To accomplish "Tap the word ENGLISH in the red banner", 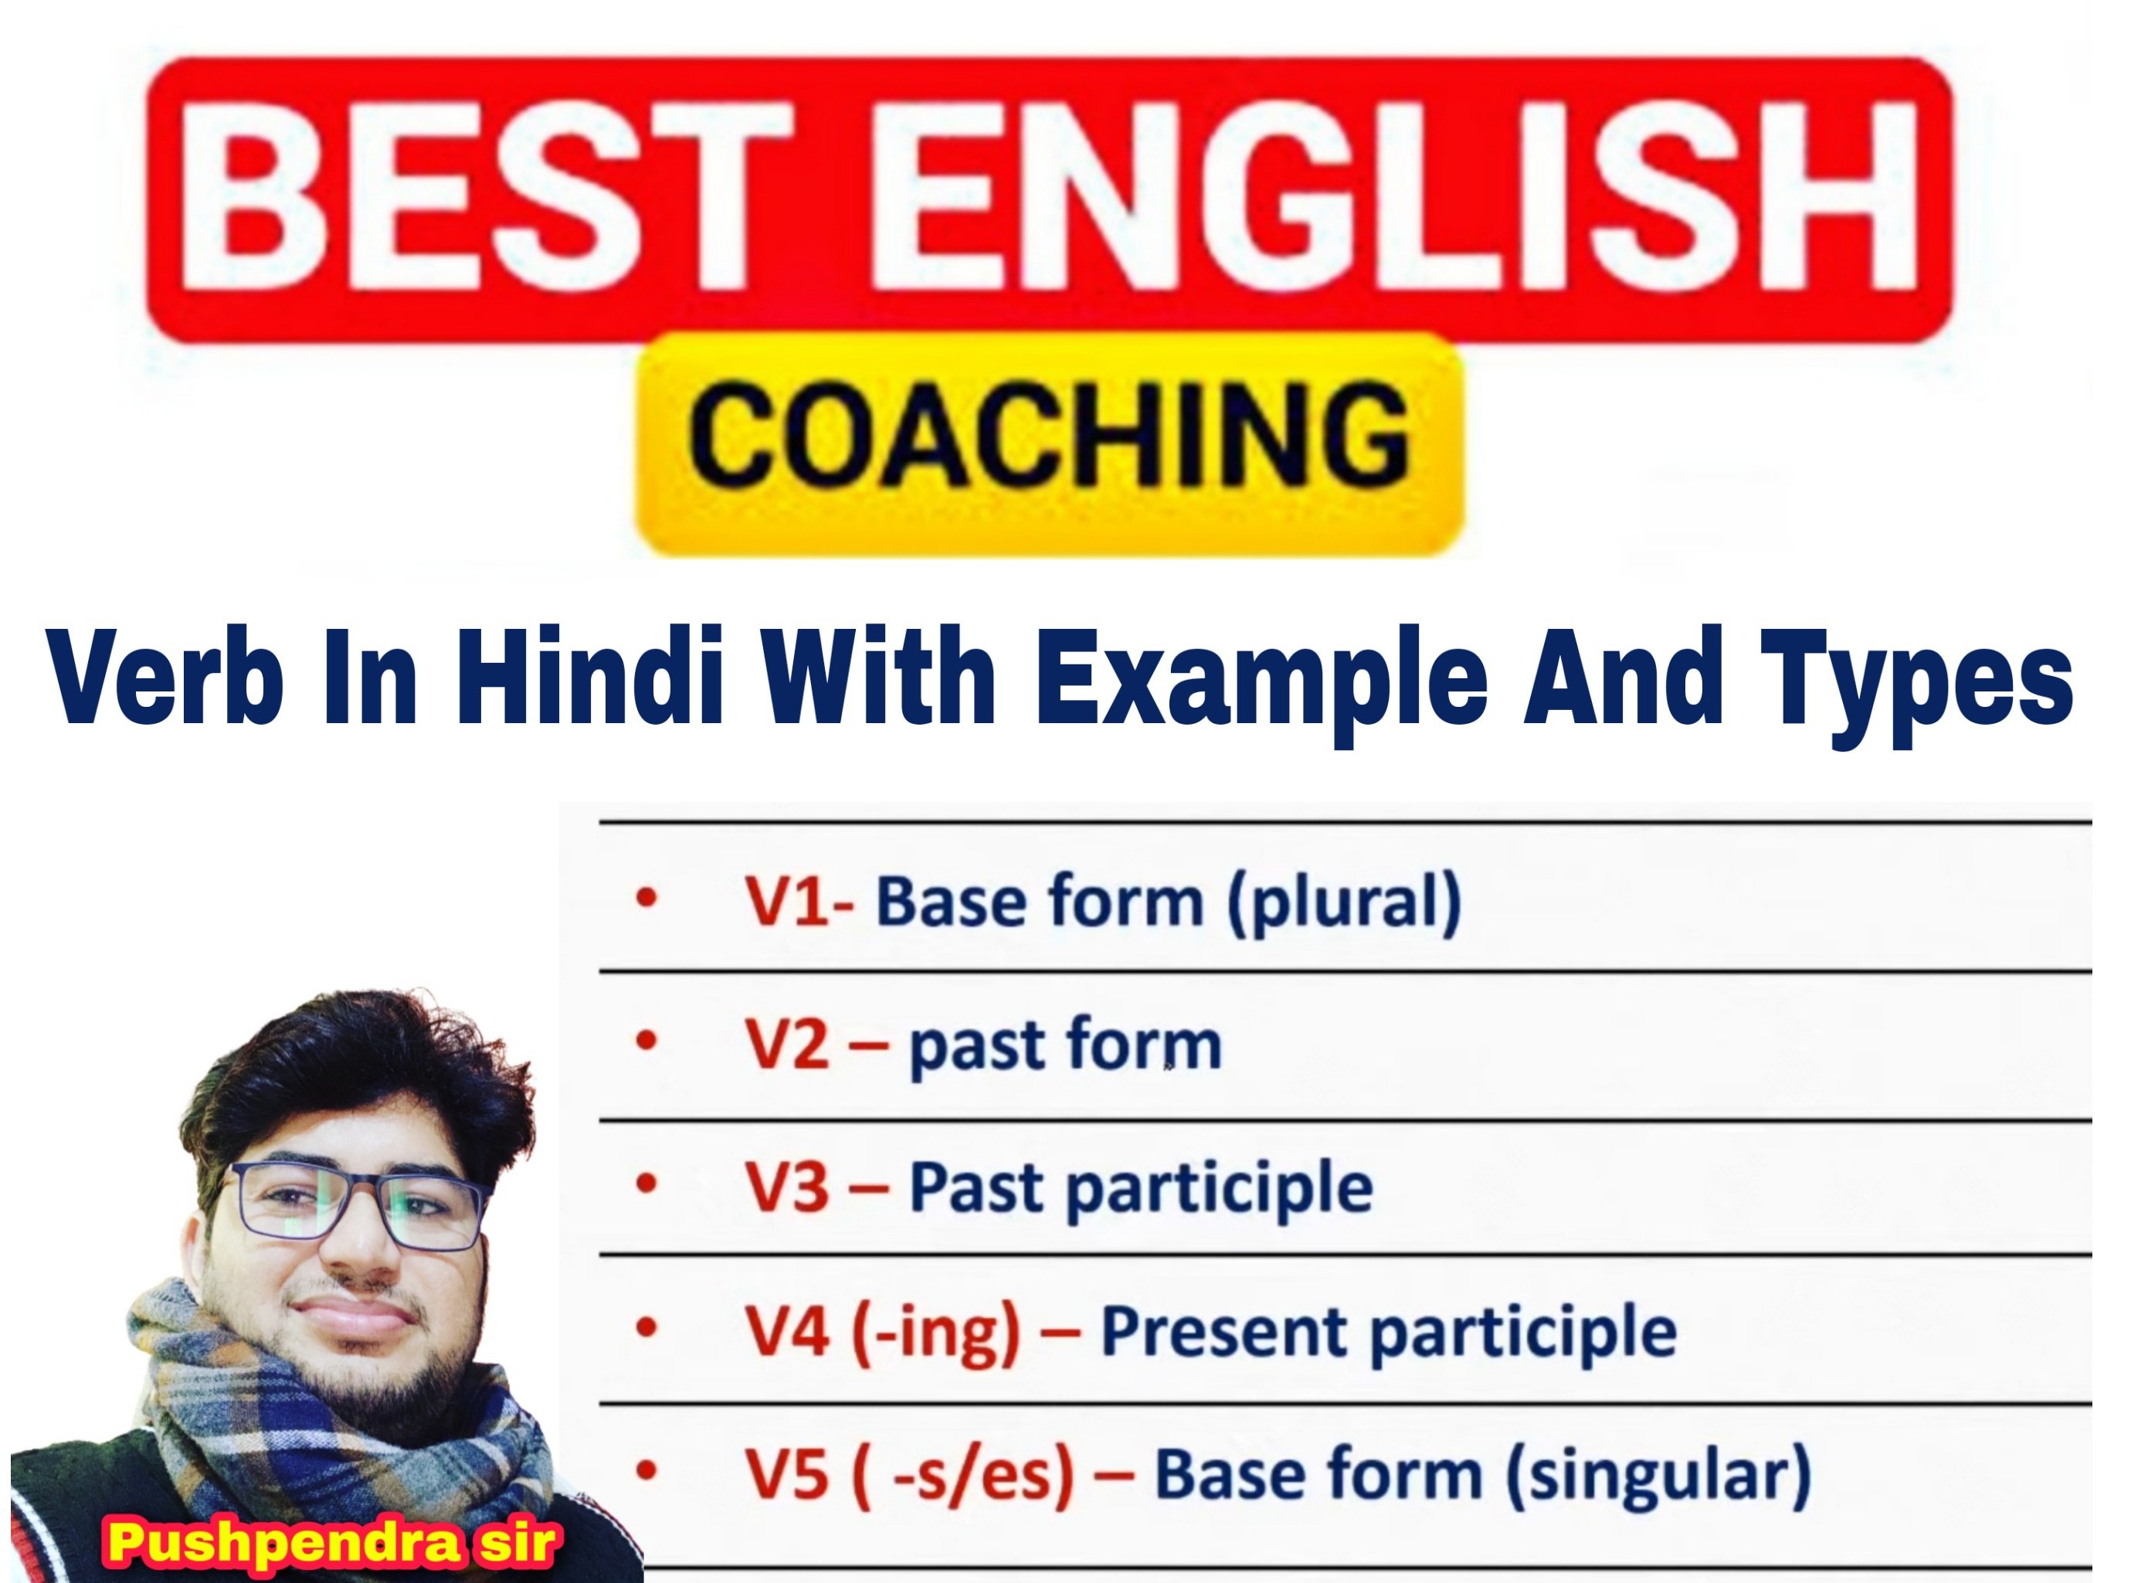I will pyautogui.click(x=1389, y=196).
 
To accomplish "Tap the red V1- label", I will pyautogui.click(x=799, y=902).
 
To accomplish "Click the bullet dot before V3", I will pyautogui.click(x=646, y=1185).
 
